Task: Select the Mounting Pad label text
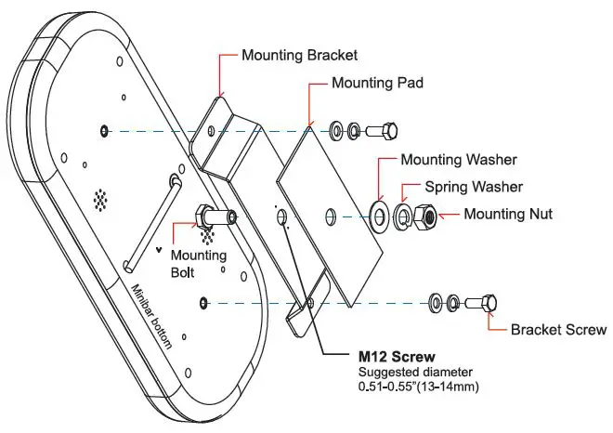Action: pyautogui.click(x=377, y=83)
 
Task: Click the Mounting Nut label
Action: pyautogui.click(x=509, y=215)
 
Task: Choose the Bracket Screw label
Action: pyautogui.click(x=558, y=329)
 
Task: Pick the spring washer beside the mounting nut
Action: pyautogui.click(x=403, y=216)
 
